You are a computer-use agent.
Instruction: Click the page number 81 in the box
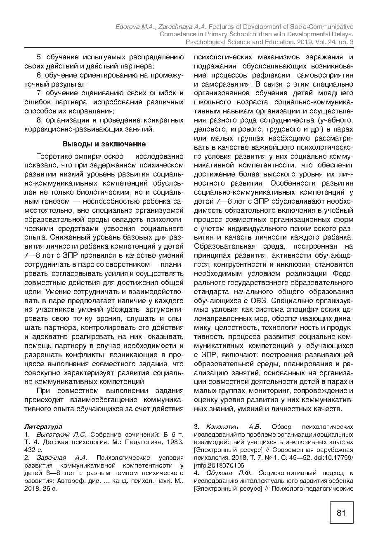(341, 513)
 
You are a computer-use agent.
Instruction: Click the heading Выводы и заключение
(104, 144)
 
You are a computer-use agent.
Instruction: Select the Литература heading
(43, 426)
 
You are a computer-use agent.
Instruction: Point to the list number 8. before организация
(40, 120)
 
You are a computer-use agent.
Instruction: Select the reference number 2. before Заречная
(27, 457)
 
